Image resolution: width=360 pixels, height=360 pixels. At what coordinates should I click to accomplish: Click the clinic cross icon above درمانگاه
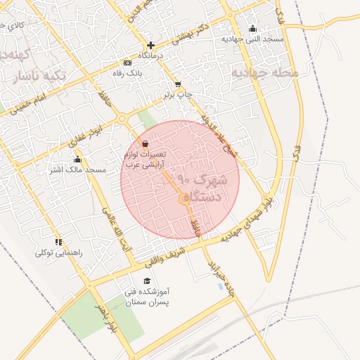(x=150, y=45)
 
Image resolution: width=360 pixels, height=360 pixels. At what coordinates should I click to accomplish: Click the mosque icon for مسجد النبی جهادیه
(x=252, y=29)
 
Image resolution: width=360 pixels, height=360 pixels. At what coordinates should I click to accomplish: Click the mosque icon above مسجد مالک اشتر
(x=77, y=160)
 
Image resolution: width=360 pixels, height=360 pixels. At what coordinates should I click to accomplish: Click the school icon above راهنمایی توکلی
(x=58, y=242)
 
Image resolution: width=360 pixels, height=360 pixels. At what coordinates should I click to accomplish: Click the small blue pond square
(x=222, y=287)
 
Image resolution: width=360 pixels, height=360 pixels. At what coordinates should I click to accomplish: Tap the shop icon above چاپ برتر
(x=178, y=84)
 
